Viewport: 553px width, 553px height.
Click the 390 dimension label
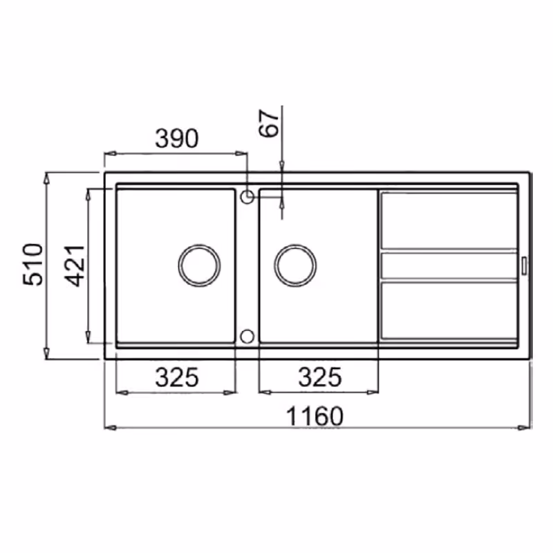177,138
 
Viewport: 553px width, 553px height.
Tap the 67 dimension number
269,123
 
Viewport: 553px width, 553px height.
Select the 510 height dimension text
32,264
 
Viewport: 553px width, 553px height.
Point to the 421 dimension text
75,266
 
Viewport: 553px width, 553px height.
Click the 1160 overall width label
315,417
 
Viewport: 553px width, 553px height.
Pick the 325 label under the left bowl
177,377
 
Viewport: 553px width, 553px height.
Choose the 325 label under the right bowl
320,377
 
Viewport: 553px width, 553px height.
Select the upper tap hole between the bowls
247,197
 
